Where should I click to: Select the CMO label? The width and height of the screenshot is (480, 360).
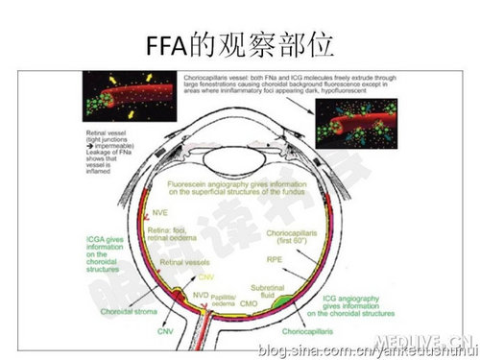pos(249,303)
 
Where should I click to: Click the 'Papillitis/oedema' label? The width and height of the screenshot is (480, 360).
pos(224,300)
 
